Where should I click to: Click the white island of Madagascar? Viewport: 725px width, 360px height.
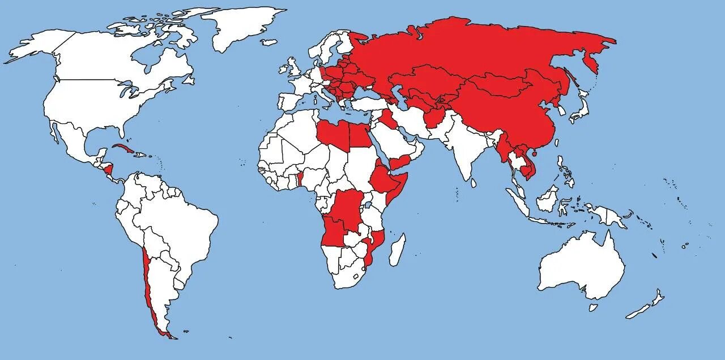398,249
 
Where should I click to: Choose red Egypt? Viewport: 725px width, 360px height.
360,135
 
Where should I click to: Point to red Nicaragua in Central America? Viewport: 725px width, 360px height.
108,169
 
